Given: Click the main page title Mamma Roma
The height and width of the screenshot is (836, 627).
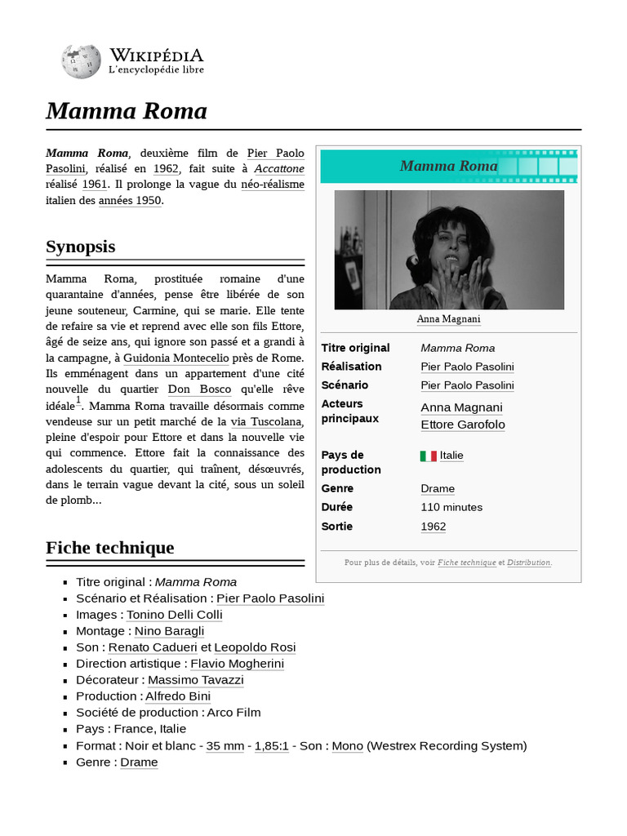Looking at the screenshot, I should pyautogui.click(x=127, y=111).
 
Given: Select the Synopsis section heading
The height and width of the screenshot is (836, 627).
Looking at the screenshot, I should pyautogui.click(x=81, y=247).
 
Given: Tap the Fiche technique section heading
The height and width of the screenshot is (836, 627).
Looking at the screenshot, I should pyautogui.click(x=110, y=547).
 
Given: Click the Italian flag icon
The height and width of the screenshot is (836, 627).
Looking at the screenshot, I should pyautogui.click(x=429, y=456).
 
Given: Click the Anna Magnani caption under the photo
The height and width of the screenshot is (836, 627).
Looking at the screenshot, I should pyautogui.click(x=448, y=319).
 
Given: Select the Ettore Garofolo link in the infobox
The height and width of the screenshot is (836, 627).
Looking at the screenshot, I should pyautogui.click(x=463, y=425).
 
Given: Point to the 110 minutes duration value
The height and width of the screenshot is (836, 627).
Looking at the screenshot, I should pyautogui.click(x=451, y=507).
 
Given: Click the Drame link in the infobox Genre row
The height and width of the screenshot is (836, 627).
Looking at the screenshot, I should pyautogui.click(x=438, y=488).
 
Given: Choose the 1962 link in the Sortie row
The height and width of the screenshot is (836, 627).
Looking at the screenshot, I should pyautogui.click(x=434, y=527).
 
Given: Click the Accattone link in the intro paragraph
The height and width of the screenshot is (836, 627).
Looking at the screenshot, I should pyautogui.click(x=279, y=169).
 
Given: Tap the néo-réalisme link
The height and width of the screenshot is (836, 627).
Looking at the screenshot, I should pyautogui.click(x=273, y=185).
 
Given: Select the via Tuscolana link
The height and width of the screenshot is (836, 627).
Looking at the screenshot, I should pyautogui.click(x=266, y=421).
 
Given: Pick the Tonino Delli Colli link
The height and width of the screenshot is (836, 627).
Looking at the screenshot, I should pyautogui.click(x=176, y=615).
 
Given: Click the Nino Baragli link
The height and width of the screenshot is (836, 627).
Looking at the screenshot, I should pyautogui.click(x=170, y=631).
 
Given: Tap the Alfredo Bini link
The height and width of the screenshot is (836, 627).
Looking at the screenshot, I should pyautogui.click(x=178, y=696).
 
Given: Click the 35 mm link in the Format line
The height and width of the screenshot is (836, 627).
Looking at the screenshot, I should pyautogui.click(x=225, y=745).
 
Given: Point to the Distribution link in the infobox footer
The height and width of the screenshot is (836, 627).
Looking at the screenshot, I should pyautogui.click(x=529, y=563).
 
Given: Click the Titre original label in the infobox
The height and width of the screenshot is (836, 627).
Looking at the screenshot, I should pyautogui.click(x=356, y=348).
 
